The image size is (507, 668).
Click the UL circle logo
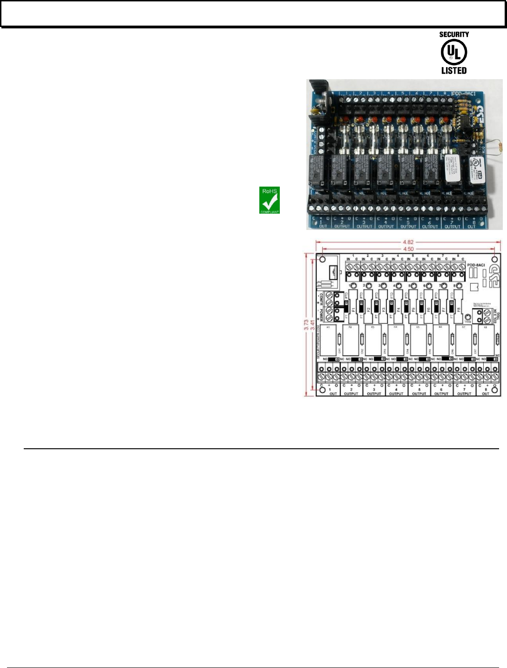(x=454, y=52)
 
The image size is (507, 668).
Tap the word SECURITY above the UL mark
(x=454, y=34)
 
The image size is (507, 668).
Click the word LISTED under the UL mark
(x=454, y=71)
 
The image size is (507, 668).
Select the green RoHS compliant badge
(x=270, y=200)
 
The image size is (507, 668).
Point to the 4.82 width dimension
(x=408, y=242)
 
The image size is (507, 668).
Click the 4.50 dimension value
(x=408, y=249)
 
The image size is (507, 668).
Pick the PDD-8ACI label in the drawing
(x=476, y=265)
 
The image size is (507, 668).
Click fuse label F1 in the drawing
(x=354, y=309)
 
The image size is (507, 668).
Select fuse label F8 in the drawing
(x=459, y=309)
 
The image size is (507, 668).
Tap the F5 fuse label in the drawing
(x=414, y=309)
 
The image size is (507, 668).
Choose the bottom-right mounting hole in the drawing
(x=495, y=390)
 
